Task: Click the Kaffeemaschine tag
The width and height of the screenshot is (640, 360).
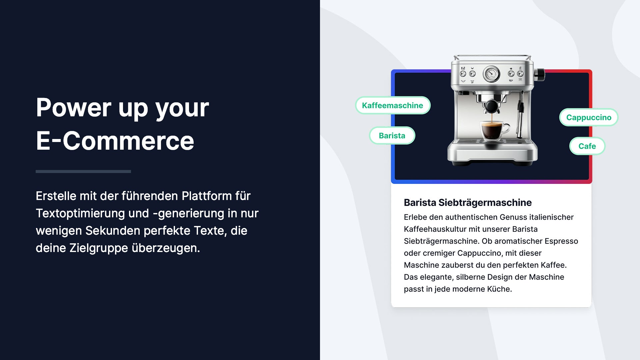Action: coord(393,105)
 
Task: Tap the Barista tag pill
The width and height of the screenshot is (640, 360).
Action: coord(392,136)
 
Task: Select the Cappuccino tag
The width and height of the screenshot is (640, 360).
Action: coord(589,117)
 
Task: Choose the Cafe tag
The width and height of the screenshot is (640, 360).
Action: coord(587,146)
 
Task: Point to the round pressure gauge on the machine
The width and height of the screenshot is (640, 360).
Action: coord(491,74)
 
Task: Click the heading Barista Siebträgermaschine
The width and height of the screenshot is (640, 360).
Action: coord(468,202)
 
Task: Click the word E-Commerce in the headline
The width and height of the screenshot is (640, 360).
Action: coord(115,141)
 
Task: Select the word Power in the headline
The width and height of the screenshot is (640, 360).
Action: coord(74,108)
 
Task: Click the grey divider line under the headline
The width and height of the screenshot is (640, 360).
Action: coord(83,171)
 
